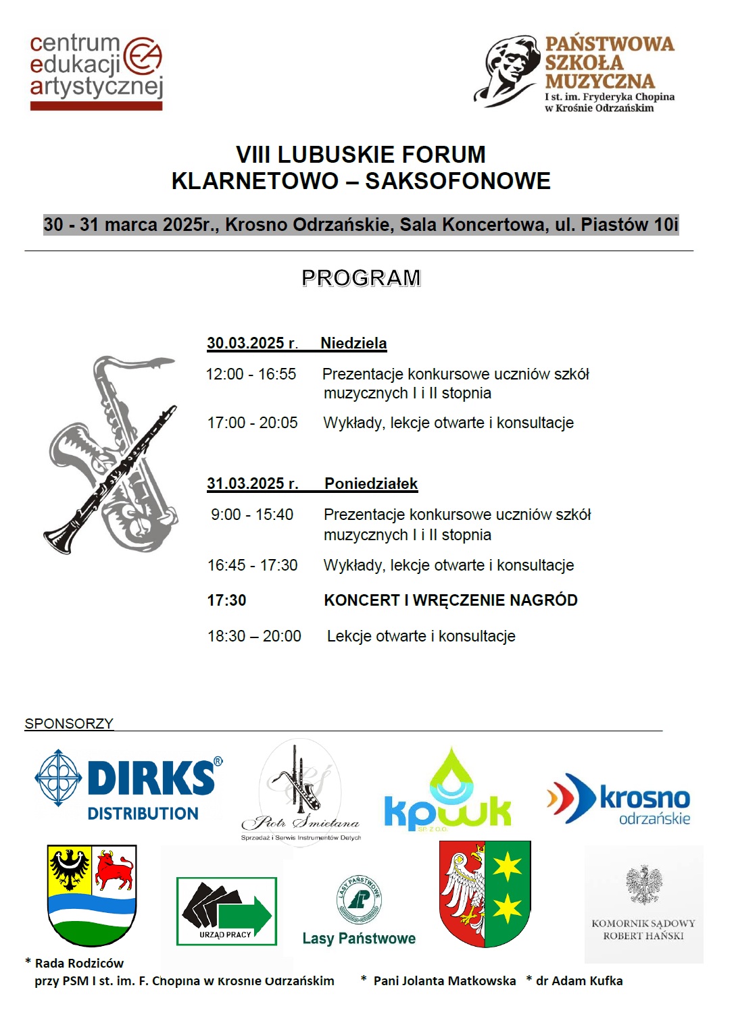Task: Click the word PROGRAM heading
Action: [x=361, y=278]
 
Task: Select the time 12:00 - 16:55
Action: [x=251, y=374]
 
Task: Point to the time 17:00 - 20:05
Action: [x=252, y=423]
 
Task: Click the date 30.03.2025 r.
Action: [x=252, y=343]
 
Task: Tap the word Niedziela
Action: [x=353, y=343]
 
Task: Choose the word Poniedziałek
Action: [x=371, y=483]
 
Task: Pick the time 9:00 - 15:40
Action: [x=252, y=515]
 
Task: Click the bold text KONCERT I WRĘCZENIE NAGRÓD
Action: [x=451, y=600]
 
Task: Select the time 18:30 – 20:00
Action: [x=254, y=636]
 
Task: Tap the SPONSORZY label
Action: [x=69, y=724]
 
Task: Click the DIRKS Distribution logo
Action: [x=128, y=787]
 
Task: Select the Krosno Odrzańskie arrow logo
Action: [x=618, y=799]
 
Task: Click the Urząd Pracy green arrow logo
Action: [x=226, y=910]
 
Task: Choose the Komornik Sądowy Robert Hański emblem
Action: [x=643, y=903]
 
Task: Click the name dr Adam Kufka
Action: [x=579, y=980]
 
